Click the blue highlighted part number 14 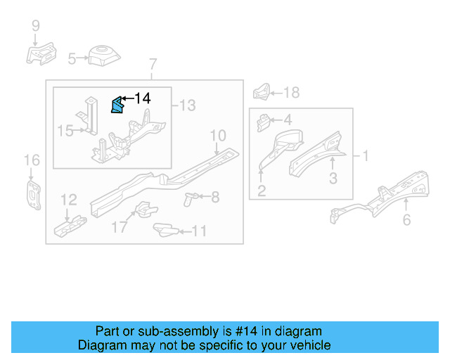pyautogui.click(x=116, y=105)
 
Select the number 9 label pyautogui.click(x=35, y=27)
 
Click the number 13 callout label pyautogui.click(x=187, y=105)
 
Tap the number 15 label pyautogui.click(x=65, y=131)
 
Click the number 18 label pyautogui.click(x=290, y=92)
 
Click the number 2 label pyautogui.click(x=261, y=190)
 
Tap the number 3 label pyautogui.click(x=333, y=179)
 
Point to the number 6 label pyautogui.click(x=406, y=221)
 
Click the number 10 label pyautogui.click(x=217, y=135)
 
